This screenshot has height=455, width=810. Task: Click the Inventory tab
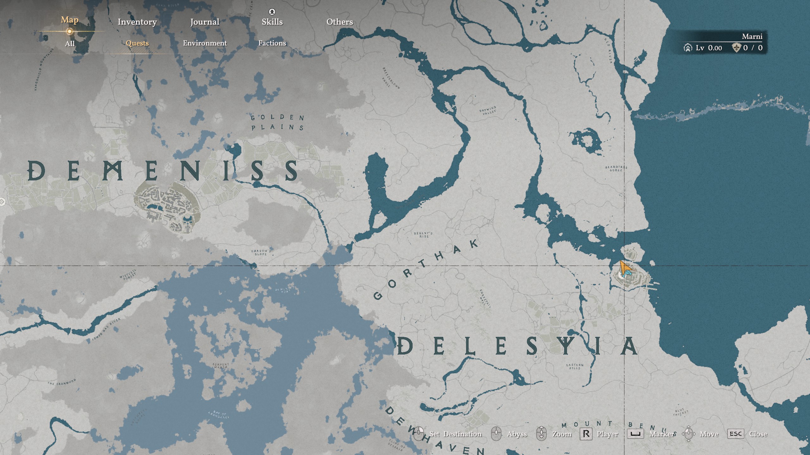137,22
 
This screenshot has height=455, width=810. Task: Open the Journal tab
205,22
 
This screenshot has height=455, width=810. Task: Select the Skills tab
272,22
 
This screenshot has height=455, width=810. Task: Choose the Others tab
340,22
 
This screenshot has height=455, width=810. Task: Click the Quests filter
137,43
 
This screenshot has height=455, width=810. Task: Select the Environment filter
205,43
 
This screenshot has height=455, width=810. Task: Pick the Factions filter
272,43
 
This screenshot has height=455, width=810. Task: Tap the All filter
70,44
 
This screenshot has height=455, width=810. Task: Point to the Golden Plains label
277,123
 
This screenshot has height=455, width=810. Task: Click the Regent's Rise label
423,235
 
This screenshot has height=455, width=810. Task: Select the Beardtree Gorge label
616,169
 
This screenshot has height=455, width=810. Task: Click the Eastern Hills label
575,367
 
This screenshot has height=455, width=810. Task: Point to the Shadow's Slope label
261,252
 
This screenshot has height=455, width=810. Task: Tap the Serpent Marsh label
221,366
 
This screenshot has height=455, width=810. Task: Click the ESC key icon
735,434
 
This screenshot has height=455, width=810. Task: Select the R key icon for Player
586,434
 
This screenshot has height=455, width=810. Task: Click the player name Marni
752,37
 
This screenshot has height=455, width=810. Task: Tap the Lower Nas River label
106,329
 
